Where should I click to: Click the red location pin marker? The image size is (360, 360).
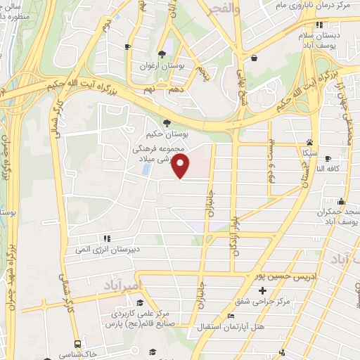181,167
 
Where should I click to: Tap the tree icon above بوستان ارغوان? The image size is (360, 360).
162,54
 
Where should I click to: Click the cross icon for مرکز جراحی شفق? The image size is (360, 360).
263,290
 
